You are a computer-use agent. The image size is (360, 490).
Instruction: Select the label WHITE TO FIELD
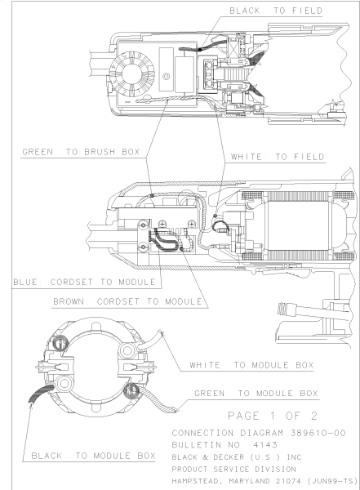[x=278, y=156]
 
